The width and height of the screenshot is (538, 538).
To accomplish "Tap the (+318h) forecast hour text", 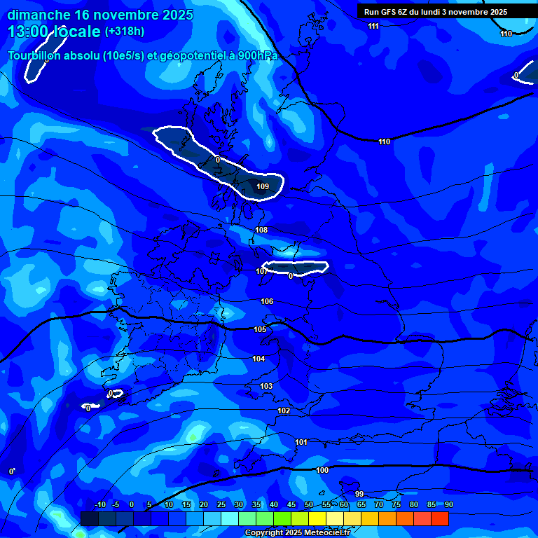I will click(125, 32).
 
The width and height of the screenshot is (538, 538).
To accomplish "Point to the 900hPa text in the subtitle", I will click(258, 56).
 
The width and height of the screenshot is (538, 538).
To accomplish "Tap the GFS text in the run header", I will click(390, 12).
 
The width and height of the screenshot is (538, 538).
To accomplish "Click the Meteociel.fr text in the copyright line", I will click(322, 533).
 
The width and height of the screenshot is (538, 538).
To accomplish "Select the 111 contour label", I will click(373, 26).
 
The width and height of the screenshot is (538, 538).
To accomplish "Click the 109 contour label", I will click(263, 186).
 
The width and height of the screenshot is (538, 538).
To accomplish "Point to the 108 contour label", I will click(261, 230).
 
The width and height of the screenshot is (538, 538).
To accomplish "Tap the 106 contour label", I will click(267, 301).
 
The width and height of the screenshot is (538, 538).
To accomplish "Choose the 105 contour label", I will click(260, 329).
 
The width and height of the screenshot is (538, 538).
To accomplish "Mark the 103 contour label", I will click(266, 386).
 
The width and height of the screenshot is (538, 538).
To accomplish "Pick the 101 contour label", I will click(301, 442).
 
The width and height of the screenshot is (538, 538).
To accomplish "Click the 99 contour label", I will click(359, 494).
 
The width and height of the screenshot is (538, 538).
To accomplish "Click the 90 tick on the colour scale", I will click(448, 504).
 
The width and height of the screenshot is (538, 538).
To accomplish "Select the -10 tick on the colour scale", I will click(99, 504).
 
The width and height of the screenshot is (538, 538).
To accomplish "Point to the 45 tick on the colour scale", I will click(291, 504).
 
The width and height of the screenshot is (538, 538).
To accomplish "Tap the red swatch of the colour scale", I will click(439, 518).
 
